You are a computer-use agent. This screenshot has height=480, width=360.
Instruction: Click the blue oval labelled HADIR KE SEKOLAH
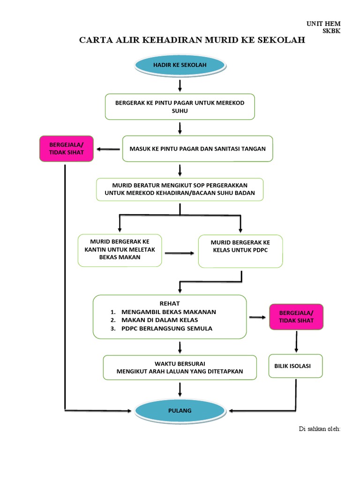(180, 66)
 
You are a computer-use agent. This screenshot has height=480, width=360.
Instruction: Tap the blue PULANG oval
(180, 411)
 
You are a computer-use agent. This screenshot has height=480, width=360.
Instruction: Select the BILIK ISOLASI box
(295, 366)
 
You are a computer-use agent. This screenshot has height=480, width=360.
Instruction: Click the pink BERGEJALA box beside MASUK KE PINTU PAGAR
(66, 149)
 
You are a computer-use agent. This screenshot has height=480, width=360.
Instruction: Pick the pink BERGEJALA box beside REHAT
(296, 317)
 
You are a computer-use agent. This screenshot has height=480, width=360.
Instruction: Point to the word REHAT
(169, 303)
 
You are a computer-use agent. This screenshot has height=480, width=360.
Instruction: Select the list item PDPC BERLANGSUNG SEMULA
(166, 329)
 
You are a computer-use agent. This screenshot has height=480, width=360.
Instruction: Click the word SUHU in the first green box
(180, 111)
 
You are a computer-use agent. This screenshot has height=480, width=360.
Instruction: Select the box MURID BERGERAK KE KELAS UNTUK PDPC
(240, 250)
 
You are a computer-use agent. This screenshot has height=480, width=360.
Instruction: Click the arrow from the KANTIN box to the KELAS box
(180, 253)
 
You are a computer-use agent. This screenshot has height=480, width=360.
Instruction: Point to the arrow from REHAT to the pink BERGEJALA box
(257, 318)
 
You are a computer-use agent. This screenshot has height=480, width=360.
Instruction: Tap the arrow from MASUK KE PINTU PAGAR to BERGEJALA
(108, 150)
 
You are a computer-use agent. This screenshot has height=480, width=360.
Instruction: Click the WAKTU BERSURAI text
(180, 363)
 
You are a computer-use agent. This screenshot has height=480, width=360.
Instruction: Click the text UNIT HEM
(323, 23)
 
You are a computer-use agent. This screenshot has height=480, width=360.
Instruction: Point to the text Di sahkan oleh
(319, 429)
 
